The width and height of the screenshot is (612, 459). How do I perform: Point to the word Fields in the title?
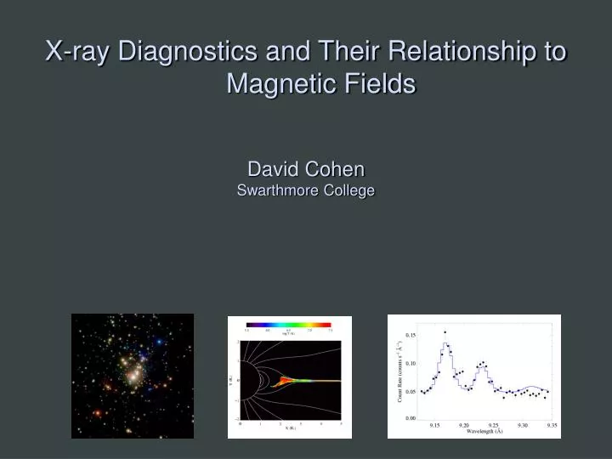[379, 84]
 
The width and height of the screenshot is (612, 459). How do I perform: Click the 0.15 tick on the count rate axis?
[410, 335]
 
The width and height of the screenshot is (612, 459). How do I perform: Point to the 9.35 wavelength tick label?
[552, 424]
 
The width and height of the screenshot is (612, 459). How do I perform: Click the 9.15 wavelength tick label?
[434, 424]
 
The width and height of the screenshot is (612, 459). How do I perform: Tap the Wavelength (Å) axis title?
[491, 432]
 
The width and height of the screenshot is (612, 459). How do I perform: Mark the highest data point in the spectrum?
[444, 332]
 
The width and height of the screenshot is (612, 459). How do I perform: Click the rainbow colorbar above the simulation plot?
[288, 325]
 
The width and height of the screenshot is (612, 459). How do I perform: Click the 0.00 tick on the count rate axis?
[410, 417]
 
